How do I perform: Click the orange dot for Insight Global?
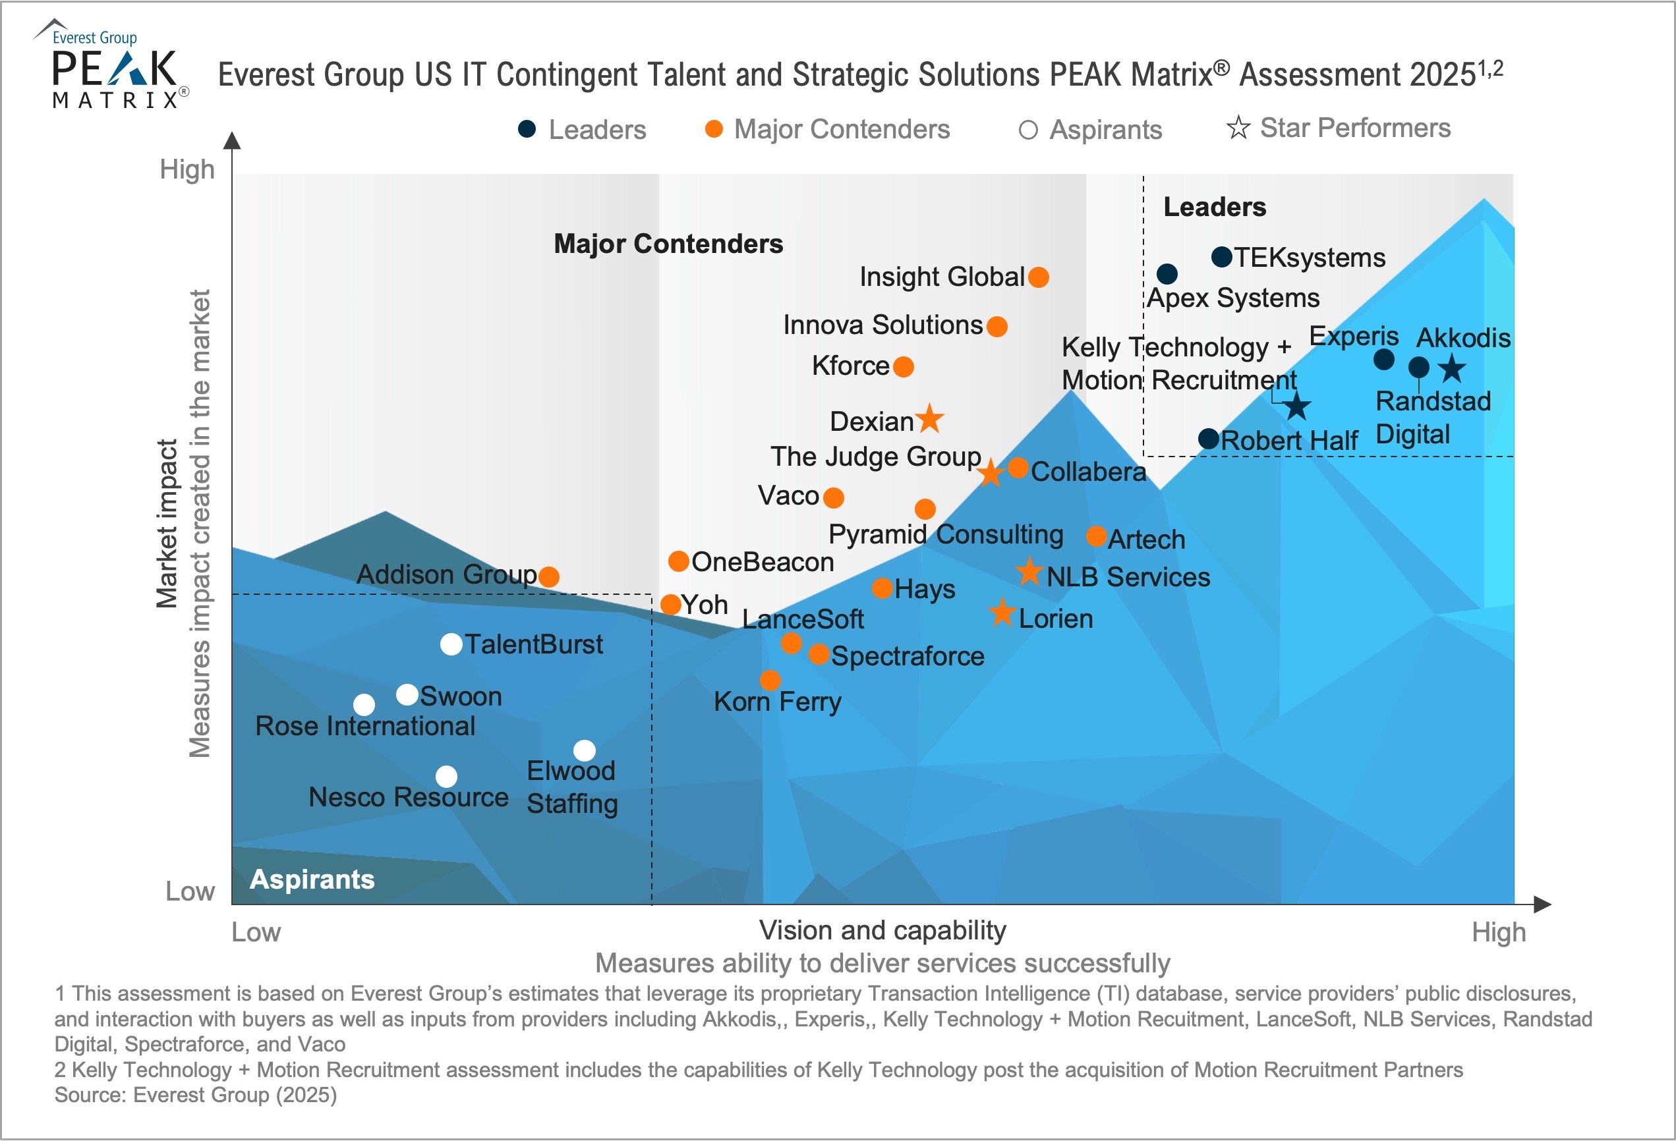[1039, 277]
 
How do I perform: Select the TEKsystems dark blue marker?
[1222, 257]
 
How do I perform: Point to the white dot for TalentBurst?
[451, 644]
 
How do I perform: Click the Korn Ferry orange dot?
[770, 680]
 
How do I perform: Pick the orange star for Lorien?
[1002, 613]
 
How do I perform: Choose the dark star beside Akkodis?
[1452, 368]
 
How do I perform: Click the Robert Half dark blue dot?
[1209, 438]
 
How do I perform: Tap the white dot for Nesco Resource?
[446, 776]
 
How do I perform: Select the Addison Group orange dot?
[549, 576]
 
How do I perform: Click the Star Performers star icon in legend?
[1238, 128]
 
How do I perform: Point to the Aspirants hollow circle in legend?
[1027, 130]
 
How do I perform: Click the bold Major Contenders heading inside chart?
[668, 244]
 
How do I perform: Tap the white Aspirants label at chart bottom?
[312, 879]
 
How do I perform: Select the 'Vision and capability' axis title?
[882, 931]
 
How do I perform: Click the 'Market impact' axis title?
[167, 523]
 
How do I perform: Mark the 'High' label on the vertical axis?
[187, 169]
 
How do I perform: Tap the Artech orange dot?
[1096, 536]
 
